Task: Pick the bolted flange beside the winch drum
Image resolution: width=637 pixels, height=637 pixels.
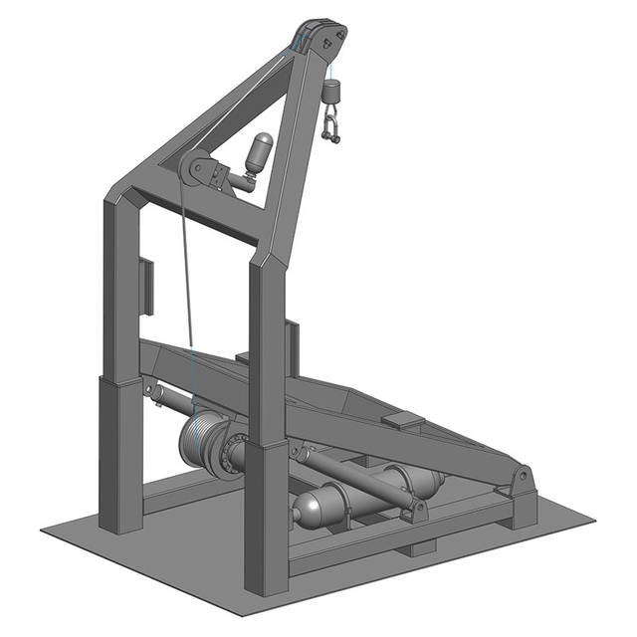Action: [x=235, y=454]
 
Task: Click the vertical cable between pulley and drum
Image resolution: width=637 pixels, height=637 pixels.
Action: [x=186, y=299]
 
